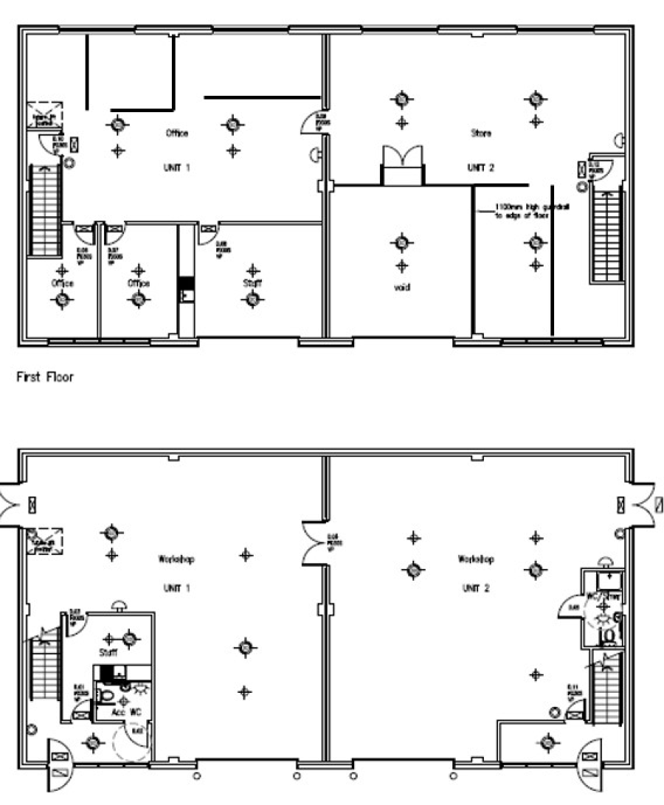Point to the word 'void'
(x=401, y=287)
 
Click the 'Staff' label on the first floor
(x=252, y=283)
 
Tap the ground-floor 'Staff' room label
(x=108, y=653)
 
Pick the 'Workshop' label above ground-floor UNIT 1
(x=176, y=559)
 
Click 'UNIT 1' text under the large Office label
(x=176, y=167)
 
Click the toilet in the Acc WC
(x=106, y=696)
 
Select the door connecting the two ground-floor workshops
(x=313, y=545)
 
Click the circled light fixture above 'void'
(x=401, y=242)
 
